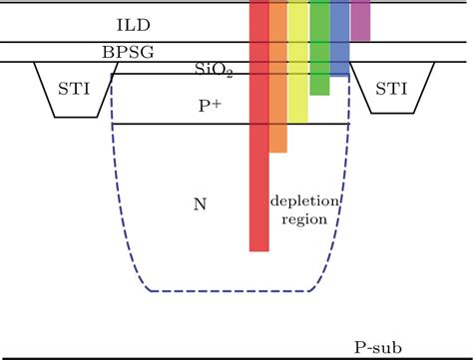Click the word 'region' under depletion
coord(305,220)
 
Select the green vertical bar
coord(319,50)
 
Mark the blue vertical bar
coord(339,40)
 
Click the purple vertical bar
coord(359,20)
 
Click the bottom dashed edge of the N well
coord(230,292)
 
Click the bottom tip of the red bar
coord(258,249)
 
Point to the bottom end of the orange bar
coord(278,150)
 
